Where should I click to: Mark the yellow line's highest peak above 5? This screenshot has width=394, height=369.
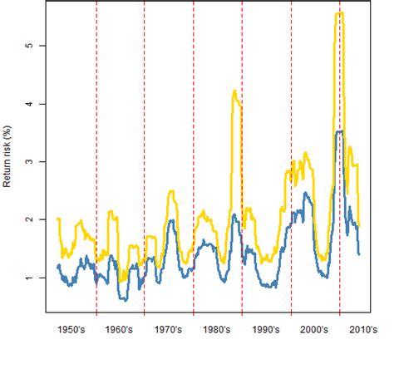(338, 13)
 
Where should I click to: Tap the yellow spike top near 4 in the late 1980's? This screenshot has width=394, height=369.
(234, 91)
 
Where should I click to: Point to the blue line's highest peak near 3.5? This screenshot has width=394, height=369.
(338, 131)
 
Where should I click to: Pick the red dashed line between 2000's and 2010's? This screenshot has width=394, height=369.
(340, 208)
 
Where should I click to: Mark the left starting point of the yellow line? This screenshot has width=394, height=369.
(57, 219)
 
